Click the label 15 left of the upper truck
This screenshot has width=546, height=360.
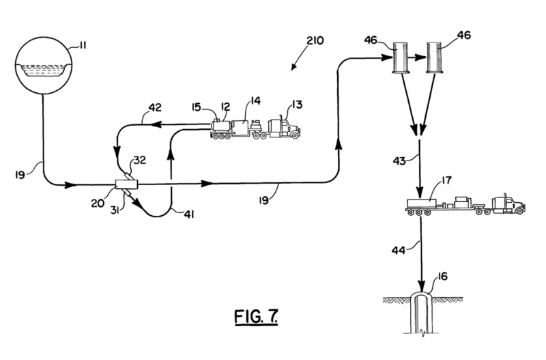(x=195, y=107)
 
